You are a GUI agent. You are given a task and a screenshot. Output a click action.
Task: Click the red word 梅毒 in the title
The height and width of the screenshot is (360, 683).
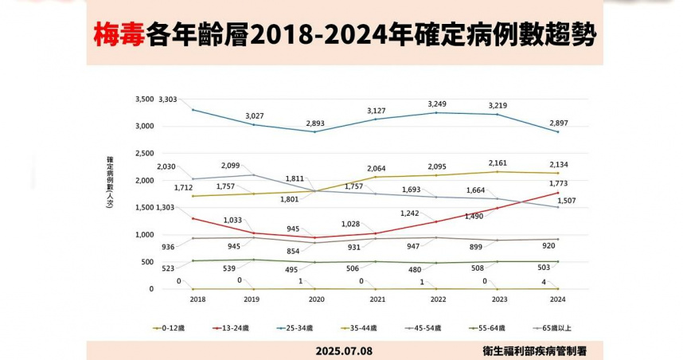[119, 36]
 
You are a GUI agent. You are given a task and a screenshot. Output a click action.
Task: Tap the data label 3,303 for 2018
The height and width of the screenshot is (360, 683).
[168, 99]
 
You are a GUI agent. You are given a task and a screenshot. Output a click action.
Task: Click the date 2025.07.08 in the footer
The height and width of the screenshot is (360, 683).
[344, 350]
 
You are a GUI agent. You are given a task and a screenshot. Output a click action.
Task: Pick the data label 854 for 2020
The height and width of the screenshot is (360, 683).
[317, 252]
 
